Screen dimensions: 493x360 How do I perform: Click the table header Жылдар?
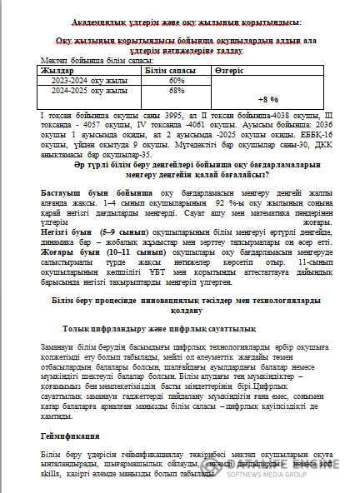[x=57, y=72]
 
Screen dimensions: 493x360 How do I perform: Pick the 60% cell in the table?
[x=176, y=81]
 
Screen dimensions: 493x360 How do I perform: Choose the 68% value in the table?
[x=176, y=90]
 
